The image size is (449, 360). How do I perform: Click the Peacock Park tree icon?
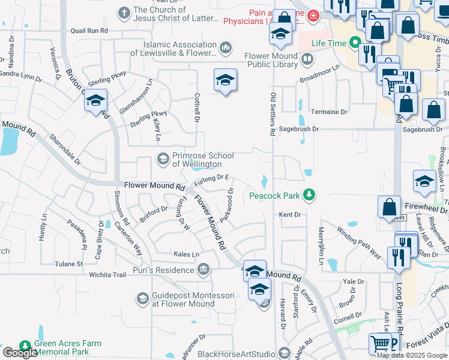pyautogui.click(x=309, y=194)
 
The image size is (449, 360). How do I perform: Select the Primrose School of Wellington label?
pyautogui.click(x=197, y=160)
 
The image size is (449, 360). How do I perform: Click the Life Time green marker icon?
pyautogui.click(x=355, y=43)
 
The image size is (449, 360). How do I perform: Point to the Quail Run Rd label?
pyautogui.click(x=89, y=29)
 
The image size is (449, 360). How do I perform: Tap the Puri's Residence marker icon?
pyautogui.click(x=203, y=269)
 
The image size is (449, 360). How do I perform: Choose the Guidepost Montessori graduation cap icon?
pyautogui.click(x=142, y=298)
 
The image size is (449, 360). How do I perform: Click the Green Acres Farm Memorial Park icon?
pyautogui.click(x=25, y=346)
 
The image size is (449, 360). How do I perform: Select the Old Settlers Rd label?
pyautogui.click(x=273, y=113)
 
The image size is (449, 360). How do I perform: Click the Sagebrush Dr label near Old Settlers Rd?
pyautogui.click(x=315, y=128)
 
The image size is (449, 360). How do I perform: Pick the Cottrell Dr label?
pyautogui.click(x=196, y=108)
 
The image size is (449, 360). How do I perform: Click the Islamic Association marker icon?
pyautogui.click(x=225, y=46)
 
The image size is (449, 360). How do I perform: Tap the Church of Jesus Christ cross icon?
pyautogui.click(x=124, y=12)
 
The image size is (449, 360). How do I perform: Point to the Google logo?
pyautogui.click(x=20, y=353)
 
